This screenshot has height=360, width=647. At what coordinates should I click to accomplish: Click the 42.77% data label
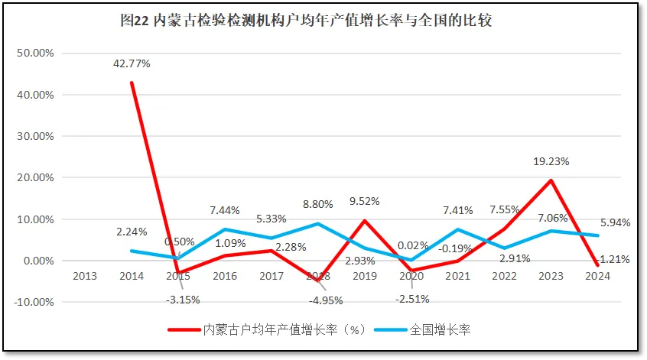[x=132, y=64]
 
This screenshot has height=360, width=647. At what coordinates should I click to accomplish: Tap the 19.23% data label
[x=551, y=162]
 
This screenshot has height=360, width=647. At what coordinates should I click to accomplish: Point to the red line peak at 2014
[x=132, y=83]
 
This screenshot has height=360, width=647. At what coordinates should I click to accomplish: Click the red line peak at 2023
[x=551, y=180]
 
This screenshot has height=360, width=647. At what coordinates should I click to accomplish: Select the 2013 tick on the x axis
[x=85, y=275]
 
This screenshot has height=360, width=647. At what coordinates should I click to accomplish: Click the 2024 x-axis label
[x=597, y=275]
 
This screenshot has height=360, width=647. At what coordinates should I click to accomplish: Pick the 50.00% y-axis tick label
[x=34, y=54]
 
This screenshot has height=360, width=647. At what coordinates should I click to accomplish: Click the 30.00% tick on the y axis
[x=34, y=136]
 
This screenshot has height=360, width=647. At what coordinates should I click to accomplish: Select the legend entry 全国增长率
[x=440, y=330]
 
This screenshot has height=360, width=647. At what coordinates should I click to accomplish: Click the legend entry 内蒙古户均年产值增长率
[x=276, y=330]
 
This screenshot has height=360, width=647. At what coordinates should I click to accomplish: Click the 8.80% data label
[x=318, y=205]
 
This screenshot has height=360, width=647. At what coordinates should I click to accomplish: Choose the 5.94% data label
[x=616, y=223]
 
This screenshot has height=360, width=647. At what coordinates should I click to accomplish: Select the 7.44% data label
[x=224, y=209]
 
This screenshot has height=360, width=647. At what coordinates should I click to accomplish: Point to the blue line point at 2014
[x=132, y=251]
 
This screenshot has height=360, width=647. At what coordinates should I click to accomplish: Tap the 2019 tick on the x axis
[x=365, y=275]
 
